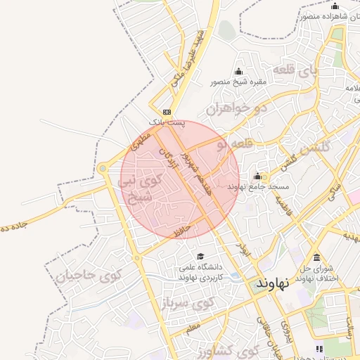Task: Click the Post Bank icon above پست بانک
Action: click(167, 112)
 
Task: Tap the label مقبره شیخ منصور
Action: click(238, 82)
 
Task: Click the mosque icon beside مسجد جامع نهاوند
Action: click(257, 176)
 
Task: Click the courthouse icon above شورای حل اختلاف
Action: click(317, 257)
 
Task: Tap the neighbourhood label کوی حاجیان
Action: click(88, 276)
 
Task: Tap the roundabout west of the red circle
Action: click(103, 169)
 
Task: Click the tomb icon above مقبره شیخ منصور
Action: click(238, 71)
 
